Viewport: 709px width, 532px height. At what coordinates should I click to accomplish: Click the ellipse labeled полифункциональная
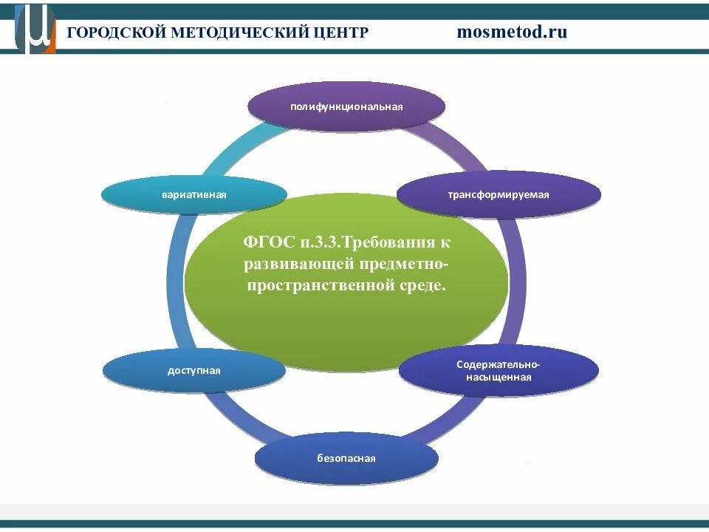coord(346,106)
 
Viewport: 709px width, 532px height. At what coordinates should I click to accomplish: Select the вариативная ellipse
coord(193,195)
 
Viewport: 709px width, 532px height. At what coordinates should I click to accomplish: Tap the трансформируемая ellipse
coord(499,195)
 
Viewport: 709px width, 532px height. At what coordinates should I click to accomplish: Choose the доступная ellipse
coord(193,370)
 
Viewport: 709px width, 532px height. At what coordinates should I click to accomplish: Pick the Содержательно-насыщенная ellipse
coord(499,370)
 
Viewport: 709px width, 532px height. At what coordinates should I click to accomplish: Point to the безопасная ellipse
coord(346,458)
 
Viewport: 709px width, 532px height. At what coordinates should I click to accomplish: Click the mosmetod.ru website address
coord(512,32)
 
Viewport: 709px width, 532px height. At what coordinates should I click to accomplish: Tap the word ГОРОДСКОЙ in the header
coord(115,33)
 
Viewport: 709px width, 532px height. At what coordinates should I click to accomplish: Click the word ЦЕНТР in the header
coord(342,33)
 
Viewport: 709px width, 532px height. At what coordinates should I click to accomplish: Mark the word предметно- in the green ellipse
coord(404,264)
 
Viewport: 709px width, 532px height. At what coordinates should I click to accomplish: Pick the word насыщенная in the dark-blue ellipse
coord(499,377)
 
